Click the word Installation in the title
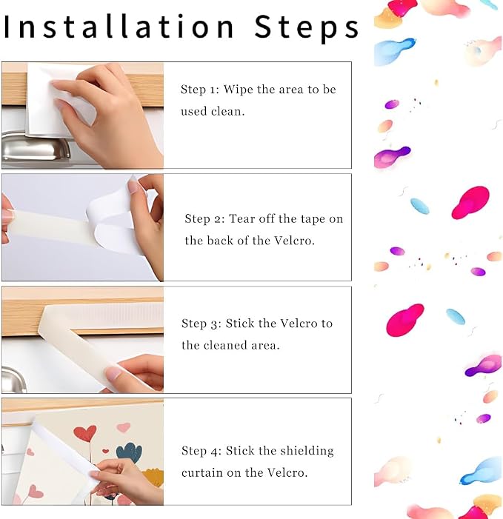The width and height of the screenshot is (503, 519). (x=119, y=27)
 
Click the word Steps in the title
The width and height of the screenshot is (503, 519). (x=307, y=27)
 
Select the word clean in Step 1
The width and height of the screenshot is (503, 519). (x=228, y=111)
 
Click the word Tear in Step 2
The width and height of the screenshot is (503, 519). (x=242, y=218)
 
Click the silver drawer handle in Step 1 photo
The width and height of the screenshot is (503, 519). (x=36, y=149)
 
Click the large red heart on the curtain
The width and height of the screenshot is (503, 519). (x=84, y=434)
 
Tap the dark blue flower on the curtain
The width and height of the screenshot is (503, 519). (x=129, y=452)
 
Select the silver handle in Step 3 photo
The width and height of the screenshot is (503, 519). (x=13, y=380)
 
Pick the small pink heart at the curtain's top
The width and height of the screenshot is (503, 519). (x=124, y=427)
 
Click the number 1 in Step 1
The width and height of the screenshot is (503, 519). (x=213, y=90)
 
